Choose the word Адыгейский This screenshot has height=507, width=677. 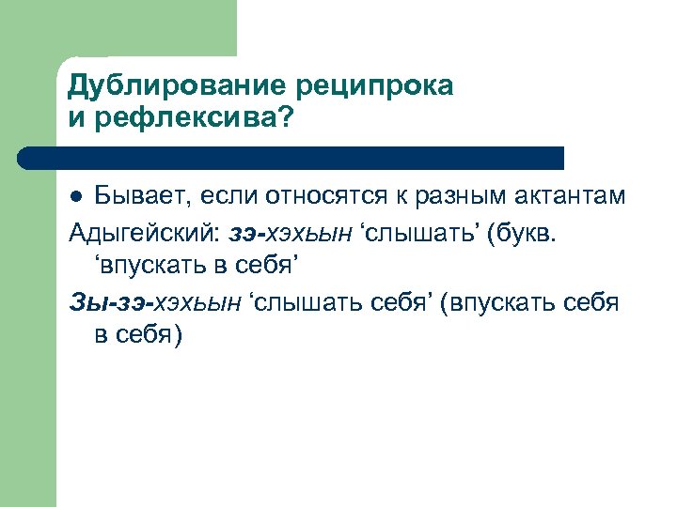(x=139, y=232)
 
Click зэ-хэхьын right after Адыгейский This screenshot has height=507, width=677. (x=282, y=232)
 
